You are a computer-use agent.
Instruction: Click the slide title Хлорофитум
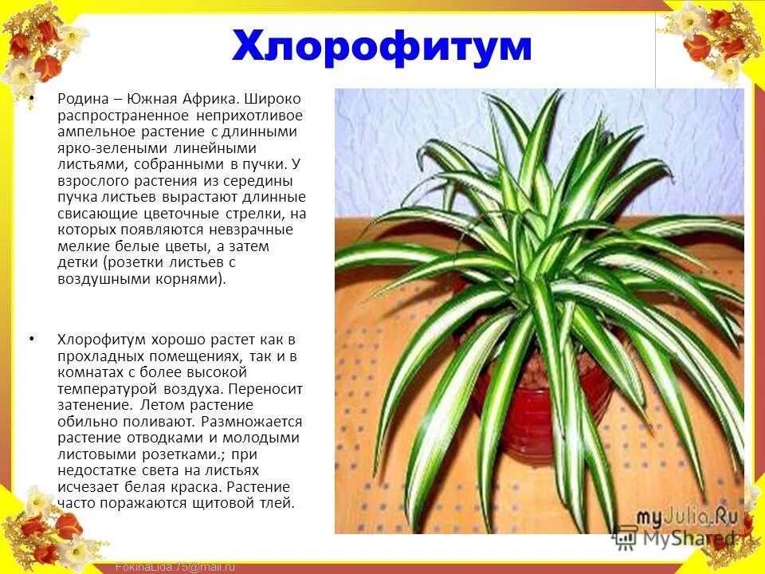coord(382,45)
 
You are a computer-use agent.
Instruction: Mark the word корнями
coord(195,279)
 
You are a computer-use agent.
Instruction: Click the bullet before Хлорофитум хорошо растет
coord(32,339)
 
